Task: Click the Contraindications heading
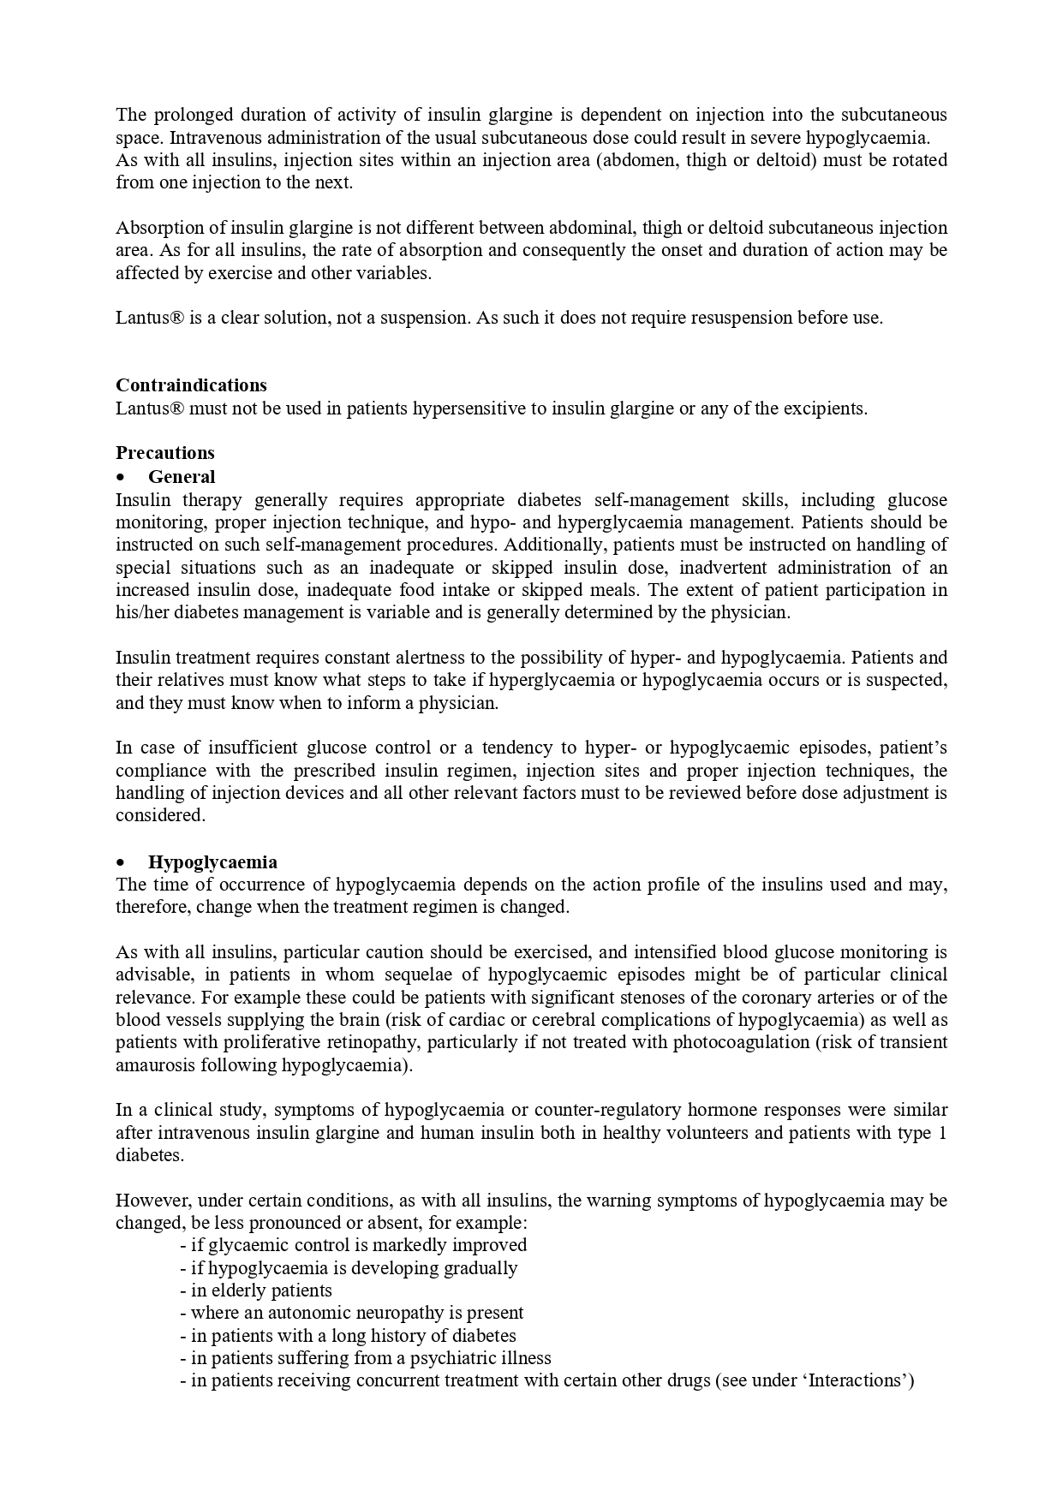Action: coord(191,385)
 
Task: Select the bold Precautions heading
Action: coord(165,453)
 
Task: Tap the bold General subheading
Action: coord(182,477)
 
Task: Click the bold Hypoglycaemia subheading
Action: coord(212,862)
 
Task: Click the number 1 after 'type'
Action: coord(942,1133)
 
